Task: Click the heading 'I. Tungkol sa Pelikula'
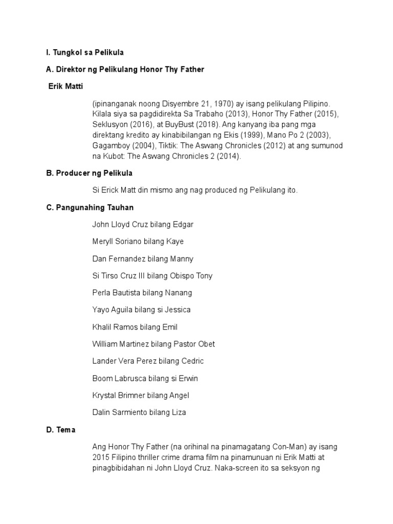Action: pos(85,53)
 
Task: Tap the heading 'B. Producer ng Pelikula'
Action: pos(89,173)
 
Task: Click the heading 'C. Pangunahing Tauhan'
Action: pos(90,207)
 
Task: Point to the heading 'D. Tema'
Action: pos(60,430)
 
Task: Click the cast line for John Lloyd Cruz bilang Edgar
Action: pos(143,225)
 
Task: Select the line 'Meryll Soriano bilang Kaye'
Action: pos(138,242)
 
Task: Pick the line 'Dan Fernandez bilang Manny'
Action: pos(143,259)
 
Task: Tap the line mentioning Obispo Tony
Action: pos(152,276)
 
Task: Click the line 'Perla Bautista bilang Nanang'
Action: pos(142,293)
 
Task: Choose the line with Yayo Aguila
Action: pos(141,310)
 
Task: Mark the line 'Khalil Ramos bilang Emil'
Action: pos(135,327)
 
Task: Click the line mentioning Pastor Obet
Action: pos(154,344)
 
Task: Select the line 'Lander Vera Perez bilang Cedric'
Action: pos(148,361)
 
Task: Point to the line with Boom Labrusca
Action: pos(145,379)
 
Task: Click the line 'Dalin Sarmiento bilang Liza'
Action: pos(139,412)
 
